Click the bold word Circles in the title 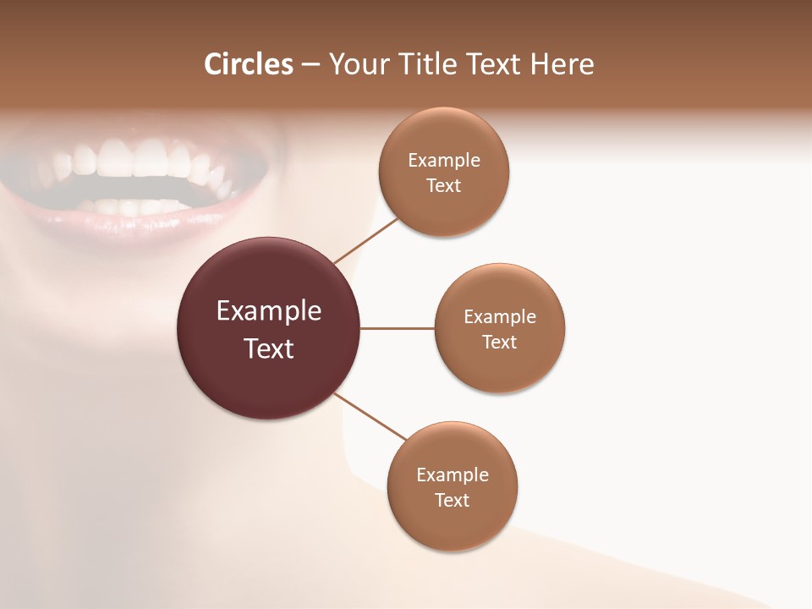tap(249, 64)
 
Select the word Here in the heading tap(562, 64)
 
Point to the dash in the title tap(311, 65)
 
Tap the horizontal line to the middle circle tap(398, 328)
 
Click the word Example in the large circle tap(269, 311)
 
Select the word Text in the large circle tap(269, 348)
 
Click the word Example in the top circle tap(444, 161)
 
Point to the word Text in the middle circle tap(500, 343)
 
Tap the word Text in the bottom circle tap(453, 501)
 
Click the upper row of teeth tap(135, 161)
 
